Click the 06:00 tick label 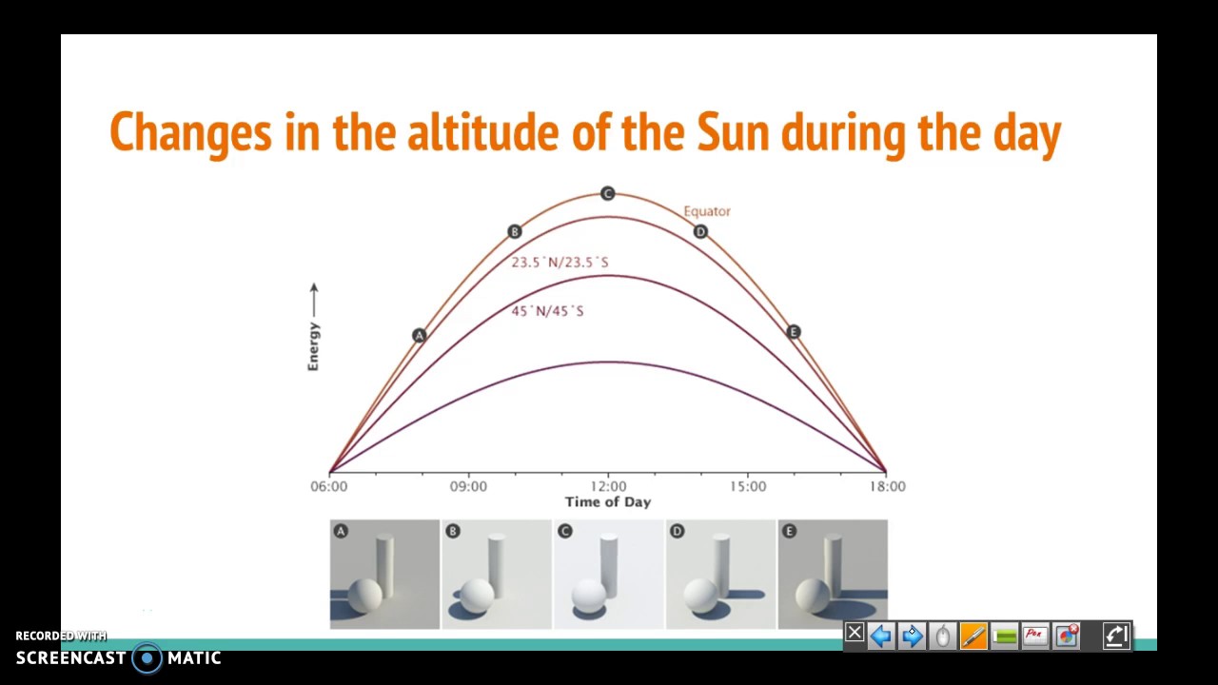click(x=328, y=486)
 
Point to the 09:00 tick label click(x=468, y=486)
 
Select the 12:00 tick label click(x=608, y=486)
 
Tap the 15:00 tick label click(x=748, y=486)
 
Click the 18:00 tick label click(x=887, y=486)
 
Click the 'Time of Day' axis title click(x=608, y=502)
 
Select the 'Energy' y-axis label click(x=313, y=346)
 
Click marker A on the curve click(x=419, y=335)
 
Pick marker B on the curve click(x=515, y=231)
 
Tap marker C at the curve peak click(x=608, y=194)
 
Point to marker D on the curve click(x=700, y=231)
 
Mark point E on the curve click(x=794, y=332)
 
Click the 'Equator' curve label click(x=707, y=211)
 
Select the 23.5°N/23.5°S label click(x=560, y=263)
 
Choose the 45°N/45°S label click(x=548, y=311)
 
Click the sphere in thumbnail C click(x=589, y=596)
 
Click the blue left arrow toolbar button click(x=880, y=636)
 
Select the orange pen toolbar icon click(x=973, y=636)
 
